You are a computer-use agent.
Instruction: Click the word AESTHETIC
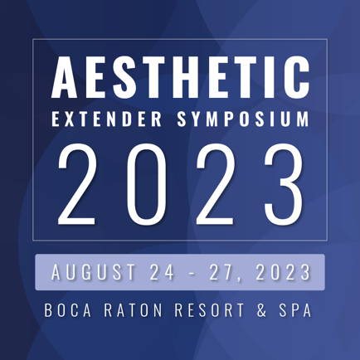180,77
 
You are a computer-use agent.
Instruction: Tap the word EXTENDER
107,119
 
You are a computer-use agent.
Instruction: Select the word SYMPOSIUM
243,119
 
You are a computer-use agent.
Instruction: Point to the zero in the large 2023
147,183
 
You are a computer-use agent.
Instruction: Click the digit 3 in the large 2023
285,183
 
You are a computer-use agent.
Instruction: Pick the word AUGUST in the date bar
94,272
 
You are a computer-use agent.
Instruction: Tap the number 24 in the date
162,272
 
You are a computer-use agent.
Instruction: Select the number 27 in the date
221,272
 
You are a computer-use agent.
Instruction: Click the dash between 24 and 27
192,274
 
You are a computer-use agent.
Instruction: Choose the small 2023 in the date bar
283,272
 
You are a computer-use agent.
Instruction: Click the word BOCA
68,310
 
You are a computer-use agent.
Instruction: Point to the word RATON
133,310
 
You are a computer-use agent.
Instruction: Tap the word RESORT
210,310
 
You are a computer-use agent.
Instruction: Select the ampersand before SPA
261,310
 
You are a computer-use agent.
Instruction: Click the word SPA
295,310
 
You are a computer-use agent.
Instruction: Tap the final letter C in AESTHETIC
297,77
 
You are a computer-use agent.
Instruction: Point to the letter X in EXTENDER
70,119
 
